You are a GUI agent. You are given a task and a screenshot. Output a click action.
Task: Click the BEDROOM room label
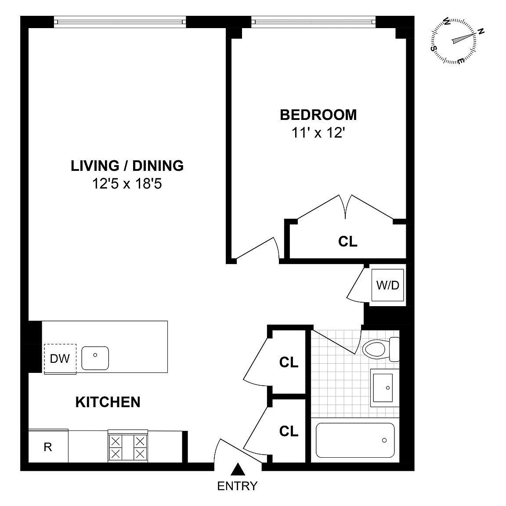pyautogui.click(x=318, y=115)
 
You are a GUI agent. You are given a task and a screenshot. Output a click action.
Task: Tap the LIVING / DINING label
pyautogui.click(x=127, y=166)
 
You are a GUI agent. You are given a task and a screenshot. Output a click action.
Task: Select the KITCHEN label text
pyautogui.click(x=108, y=402)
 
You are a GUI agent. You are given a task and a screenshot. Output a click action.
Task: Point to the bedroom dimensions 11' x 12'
pyautogui.click(x=318, y=133)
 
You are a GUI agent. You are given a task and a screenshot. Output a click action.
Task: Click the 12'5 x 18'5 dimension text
pyautogui.click(x=127, y=184)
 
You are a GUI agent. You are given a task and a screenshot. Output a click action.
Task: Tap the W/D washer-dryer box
pyautogui.click(x=387, y=285)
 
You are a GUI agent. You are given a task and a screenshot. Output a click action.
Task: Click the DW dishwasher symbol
pyautogui.click(x=60, y=359)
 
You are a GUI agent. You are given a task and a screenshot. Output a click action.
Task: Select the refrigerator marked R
pyautogui.click(x=48, y=447)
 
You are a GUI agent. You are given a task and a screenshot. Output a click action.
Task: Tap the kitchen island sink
pyautogui.click(x=95, y=358)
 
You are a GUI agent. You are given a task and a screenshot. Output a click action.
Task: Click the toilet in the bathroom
pyautogui.click(x=381, y=349)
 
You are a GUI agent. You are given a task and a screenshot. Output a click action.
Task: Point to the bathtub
pyautogui.click(x=355, y=440)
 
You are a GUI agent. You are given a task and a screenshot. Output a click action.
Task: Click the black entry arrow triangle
pyautogui.click(x=238, y=470)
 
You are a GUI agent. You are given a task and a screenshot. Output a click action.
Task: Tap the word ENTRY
pyautogui.click(x=237, y=486)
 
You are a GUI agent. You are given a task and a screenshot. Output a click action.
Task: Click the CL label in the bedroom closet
pyautogui.click(x=348, y=242)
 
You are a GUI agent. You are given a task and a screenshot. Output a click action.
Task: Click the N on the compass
pyautogui.click(x=481, y=31)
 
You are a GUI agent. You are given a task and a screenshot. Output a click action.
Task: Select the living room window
pyautogui.click(x=120, y=22)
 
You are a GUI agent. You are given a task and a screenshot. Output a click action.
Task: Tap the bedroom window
pyautogui.click(x=313, y=22)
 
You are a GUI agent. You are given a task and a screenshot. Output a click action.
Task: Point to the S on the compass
pyautogui.click(x=434, y=48)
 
